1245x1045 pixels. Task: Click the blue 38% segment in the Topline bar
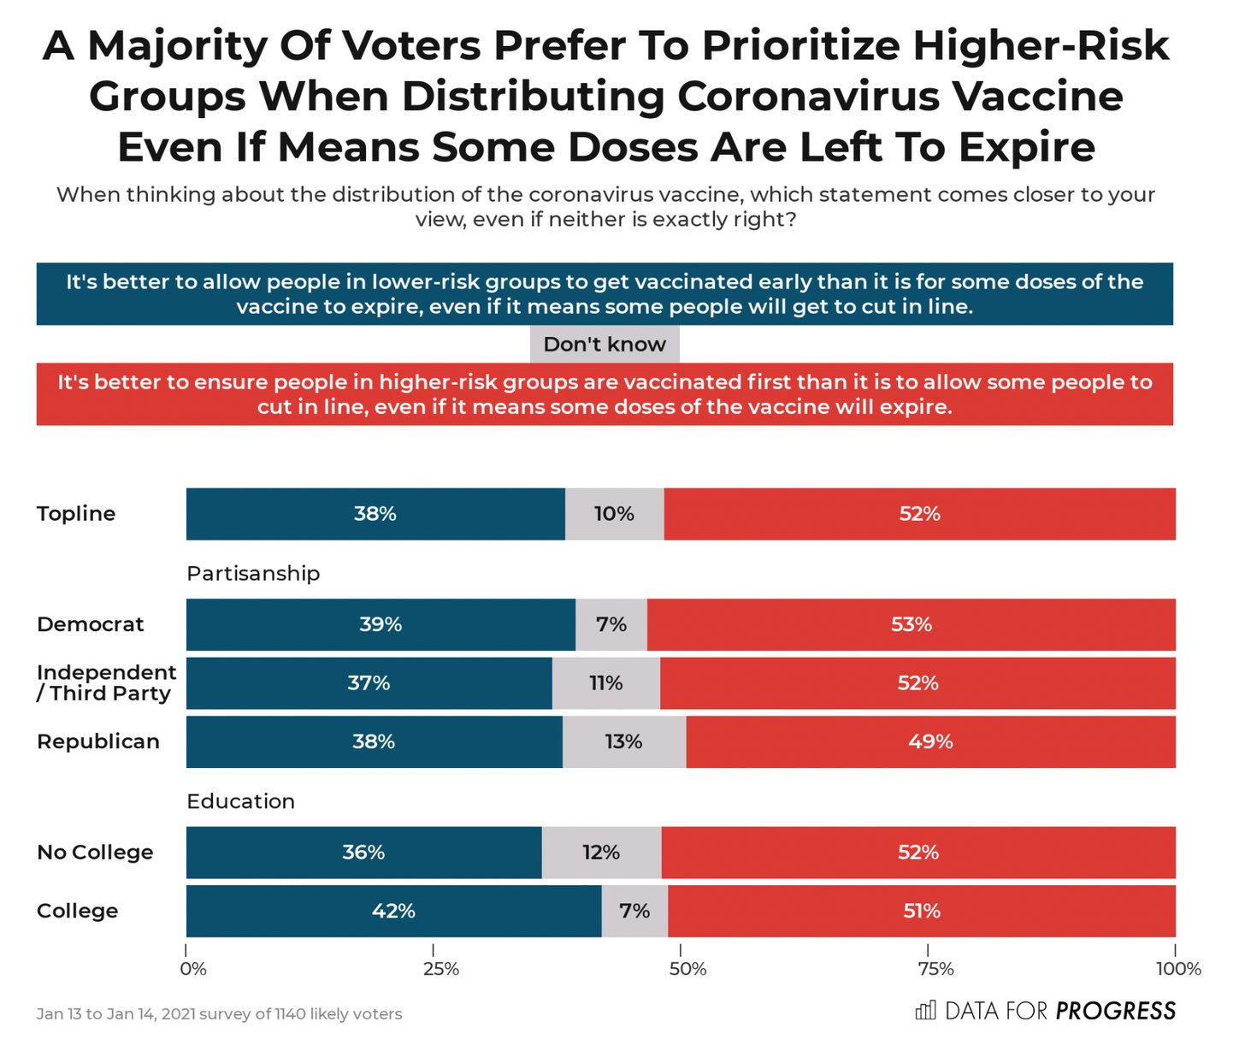point(375,514)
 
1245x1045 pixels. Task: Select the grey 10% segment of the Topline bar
point(614,514)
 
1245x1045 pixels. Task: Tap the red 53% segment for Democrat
point(911,624)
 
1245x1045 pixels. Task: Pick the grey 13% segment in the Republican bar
point(623,741)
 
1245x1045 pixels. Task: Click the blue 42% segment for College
point(393,911)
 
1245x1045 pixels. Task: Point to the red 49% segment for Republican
point(930,741)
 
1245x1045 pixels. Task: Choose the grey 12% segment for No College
point(601,853)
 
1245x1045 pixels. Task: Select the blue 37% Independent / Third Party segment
point(369,683)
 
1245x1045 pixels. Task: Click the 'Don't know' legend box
point(605,344)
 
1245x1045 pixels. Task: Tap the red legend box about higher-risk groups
point(605,394)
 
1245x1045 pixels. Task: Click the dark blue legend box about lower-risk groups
point(605,294)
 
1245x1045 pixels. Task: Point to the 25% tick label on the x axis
point(440,969)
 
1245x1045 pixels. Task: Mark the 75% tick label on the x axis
point(935,969)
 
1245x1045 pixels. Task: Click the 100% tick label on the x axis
point(1178,969)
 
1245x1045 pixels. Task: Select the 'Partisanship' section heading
point(253,573)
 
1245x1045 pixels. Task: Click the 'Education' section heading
point(240,801)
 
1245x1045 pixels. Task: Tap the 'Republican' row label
point(98,741)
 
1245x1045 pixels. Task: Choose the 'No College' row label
point(95,853)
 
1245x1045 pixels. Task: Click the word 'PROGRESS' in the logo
point(1115,1012)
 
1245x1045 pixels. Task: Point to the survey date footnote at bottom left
point(219,1014)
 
